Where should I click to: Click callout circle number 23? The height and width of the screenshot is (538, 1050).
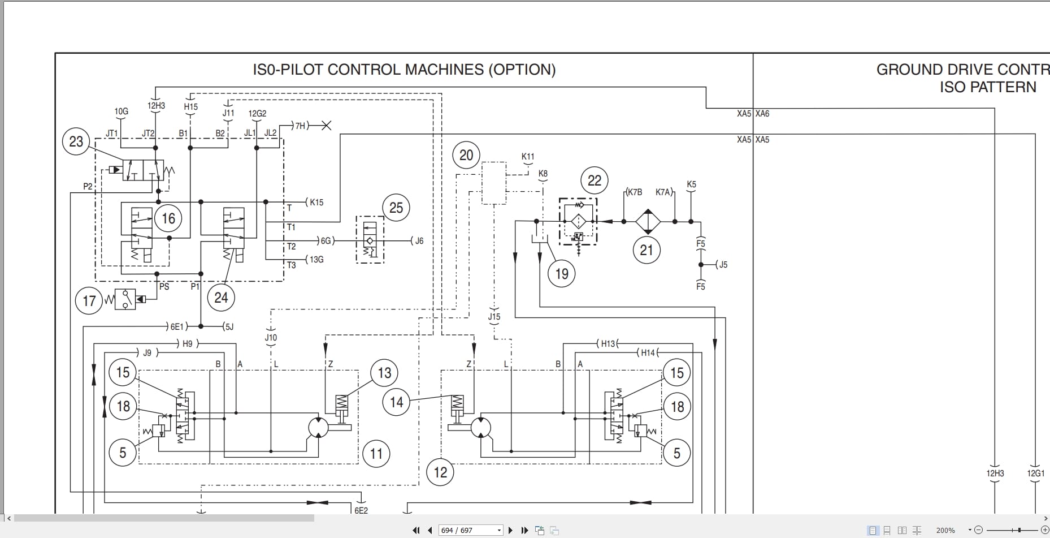pos(76,141)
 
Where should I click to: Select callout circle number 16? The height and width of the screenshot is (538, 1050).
pos(168,218)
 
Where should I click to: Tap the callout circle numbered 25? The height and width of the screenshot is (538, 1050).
pos(396,208)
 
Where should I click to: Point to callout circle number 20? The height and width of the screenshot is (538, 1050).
pos(466,155)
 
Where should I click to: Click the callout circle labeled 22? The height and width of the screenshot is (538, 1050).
pos(595,180)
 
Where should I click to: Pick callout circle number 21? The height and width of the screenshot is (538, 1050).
pos(647,250)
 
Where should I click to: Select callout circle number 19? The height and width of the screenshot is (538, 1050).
pos(562,274)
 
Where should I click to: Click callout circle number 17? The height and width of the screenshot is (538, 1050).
pos(89,300)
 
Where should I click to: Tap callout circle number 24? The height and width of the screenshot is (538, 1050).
pos(221,298)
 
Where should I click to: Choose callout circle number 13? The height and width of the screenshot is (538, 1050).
pos(384,373)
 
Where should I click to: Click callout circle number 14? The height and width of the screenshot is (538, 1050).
pos(396,402)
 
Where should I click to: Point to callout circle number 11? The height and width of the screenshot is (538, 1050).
pos(376,453)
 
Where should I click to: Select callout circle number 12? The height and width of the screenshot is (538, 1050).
pos(440,472)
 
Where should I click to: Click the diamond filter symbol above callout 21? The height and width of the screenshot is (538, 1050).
pos(648,222)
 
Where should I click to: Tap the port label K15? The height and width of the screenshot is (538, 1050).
pos(316,203)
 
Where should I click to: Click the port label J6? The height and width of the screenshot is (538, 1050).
pos(419,241)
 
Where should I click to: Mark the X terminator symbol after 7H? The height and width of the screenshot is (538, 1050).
pos(326,126)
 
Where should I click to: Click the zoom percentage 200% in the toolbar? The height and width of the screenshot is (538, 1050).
pos(945,530)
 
